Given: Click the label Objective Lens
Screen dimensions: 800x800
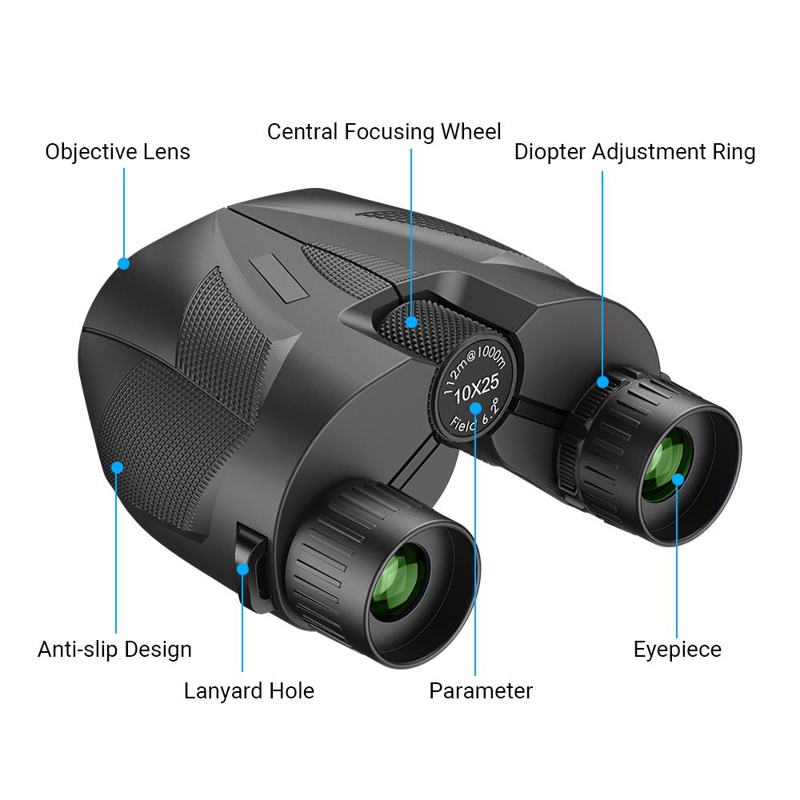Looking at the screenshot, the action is [118, 152].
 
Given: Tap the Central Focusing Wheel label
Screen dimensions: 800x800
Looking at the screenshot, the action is [384, 132].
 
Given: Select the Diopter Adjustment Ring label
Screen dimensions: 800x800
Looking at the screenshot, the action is [634, 152].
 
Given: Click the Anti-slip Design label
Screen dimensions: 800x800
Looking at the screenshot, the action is [114, 650].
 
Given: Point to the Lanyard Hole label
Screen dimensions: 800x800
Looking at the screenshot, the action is [249, 691].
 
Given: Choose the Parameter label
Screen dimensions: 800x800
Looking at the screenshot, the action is [481, 691].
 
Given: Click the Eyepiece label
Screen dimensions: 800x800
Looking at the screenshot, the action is [678, 650].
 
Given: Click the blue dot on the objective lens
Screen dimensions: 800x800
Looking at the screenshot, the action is [123, 263].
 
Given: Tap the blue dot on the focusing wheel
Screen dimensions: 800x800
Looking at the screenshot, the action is [411, 322].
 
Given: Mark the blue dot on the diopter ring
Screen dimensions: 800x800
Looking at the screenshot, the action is [602, 382].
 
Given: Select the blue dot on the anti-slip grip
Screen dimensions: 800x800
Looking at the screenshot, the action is [117, 467].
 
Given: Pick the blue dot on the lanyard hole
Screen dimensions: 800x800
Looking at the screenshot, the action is [243, 569].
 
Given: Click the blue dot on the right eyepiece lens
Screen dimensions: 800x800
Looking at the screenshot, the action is [678, 479].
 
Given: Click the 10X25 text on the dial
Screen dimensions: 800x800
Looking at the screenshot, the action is [476, 389].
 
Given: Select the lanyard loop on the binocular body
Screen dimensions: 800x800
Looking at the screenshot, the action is [253, 567].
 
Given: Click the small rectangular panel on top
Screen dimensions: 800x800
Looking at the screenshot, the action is [278, 278].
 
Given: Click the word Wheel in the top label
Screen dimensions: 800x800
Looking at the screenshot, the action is [471, 132].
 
